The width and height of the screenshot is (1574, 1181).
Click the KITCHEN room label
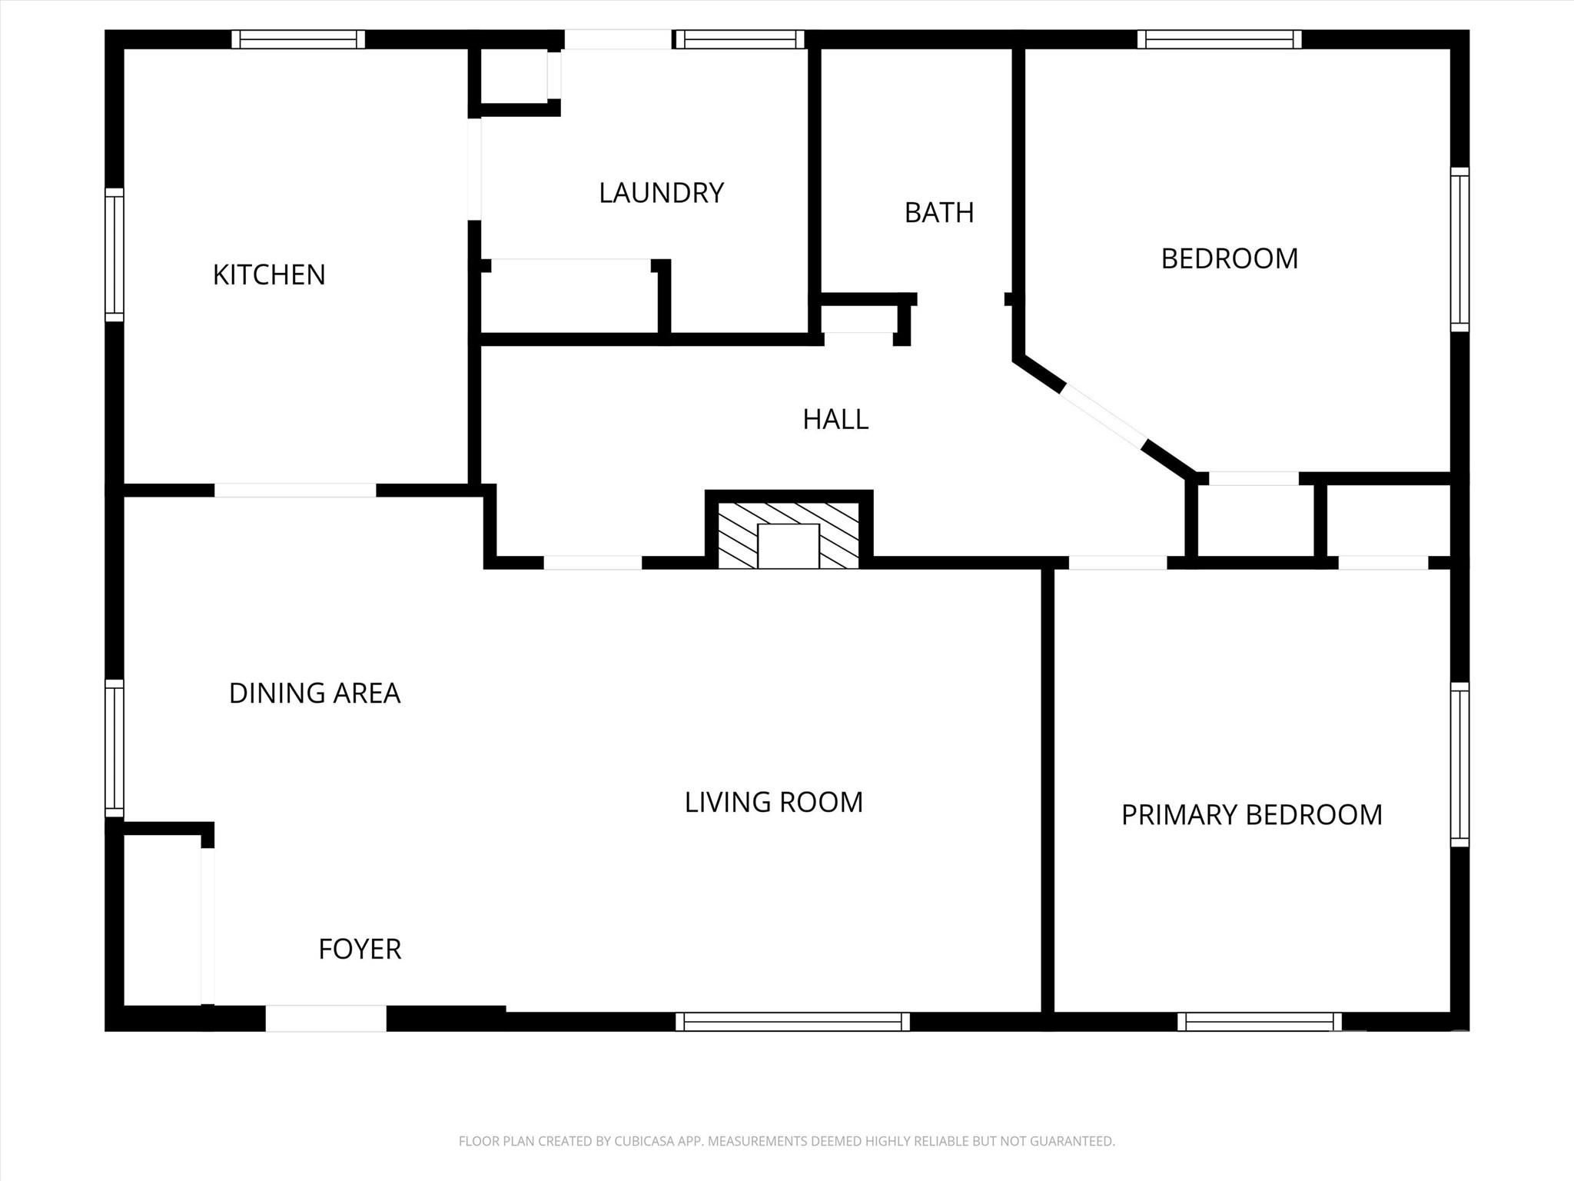pyautogui.click(x=269, y=274)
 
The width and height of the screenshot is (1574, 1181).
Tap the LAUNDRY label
pyautogui.click(x=661, y=192)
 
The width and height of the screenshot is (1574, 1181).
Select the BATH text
pyautogui.click(x=938, y=212)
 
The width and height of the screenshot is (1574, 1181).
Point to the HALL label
pyautogui.click(x=835, y=419)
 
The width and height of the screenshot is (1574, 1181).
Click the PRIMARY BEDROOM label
pyautogui.click(x=1251, y=814)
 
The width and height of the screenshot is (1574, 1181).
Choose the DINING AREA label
pyautogui.click(x=314, y=693)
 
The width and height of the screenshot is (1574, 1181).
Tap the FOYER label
pyautogui.click(x=360, y=949)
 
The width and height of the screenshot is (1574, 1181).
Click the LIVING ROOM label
pyautogui.click(x=773, y=802)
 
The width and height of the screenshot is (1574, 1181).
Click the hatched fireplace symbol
pyautogui.click(x=789, y=535)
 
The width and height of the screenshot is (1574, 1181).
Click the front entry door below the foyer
pyautogui.click(x=326, y=1018)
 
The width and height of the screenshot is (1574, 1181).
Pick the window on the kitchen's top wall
pyautogui.click(x=298, y=39)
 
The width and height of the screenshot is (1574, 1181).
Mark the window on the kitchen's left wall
pyautogui.click(x=115, y=254)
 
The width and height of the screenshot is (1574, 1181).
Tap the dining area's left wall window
pyautogui.click(x=115, y=748)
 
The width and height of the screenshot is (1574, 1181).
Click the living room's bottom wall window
pyautogui.click(x=792, y=1021)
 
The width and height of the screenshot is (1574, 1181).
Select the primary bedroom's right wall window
pyautogui.click(x=1459, y=764)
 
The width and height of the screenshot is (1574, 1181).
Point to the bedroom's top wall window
pyautogui.click(x=1219, y=39)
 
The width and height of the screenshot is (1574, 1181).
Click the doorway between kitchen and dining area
pyautogui.click(x=295, y=491)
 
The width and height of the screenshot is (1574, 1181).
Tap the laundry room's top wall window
pyautogui.click(x=739, y=39)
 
